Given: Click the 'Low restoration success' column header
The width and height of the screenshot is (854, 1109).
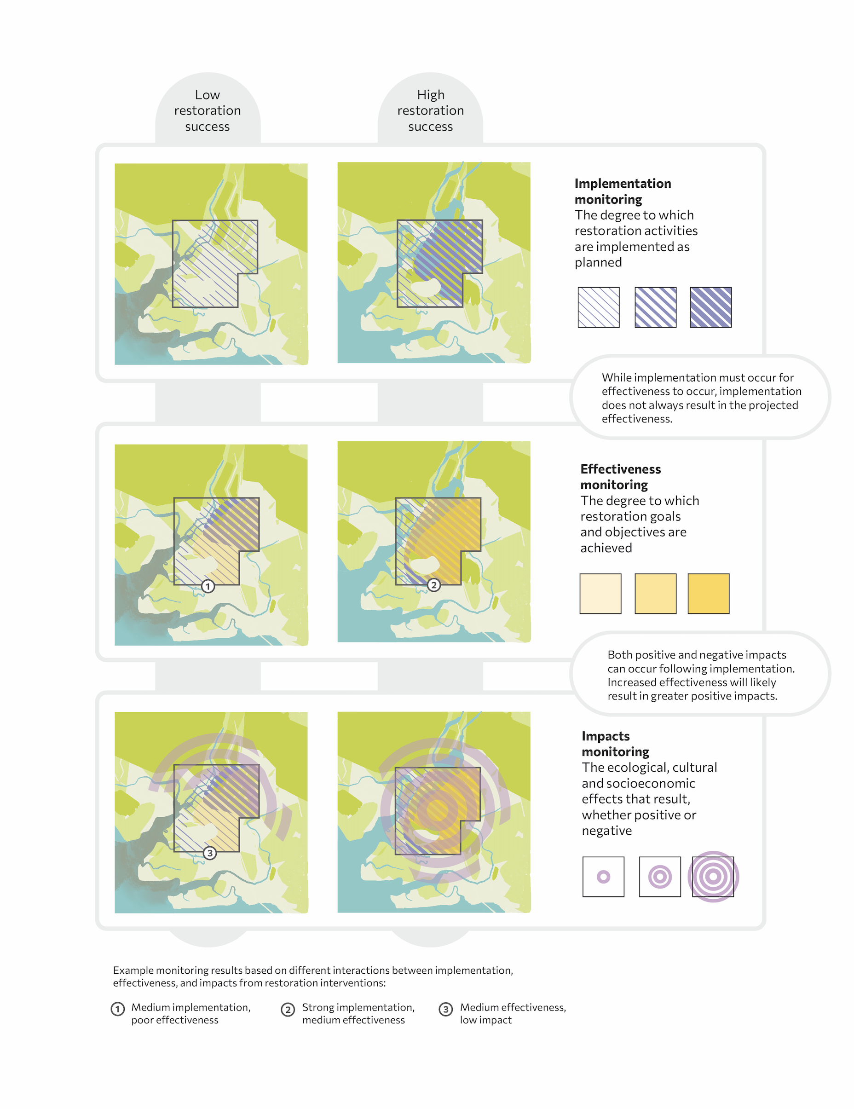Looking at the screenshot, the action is (x=207, y=111).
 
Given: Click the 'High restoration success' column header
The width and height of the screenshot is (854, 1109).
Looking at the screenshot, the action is (x=431, y=111).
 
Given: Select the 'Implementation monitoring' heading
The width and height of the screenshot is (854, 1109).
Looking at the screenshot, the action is (x=623, y=191).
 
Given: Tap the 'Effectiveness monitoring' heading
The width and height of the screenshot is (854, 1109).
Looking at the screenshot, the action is (x=620, y=477).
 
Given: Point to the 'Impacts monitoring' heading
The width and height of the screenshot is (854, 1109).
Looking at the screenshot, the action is (x=615, y=744).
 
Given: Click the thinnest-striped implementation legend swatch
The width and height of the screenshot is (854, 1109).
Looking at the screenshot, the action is (x=599, y=307).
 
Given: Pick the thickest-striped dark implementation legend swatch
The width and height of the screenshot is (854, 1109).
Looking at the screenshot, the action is (x=710, y=307).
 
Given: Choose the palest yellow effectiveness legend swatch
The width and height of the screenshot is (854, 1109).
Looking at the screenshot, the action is (x=600, y=594).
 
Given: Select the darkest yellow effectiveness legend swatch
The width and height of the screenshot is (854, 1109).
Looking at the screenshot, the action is (x=708, y=594).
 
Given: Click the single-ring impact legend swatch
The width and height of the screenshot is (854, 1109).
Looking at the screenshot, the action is (x=603, y=877).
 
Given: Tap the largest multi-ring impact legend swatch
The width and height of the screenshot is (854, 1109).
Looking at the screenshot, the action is (x=713, y=877).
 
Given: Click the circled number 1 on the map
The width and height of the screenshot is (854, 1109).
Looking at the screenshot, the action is (x=208, y=587).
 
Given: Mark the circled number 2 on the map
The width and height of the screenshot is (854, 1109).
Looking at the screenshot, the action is (x=433, y=585).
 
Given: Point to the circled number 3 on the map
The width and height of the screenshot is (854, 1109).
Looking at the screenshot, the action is (x=210, y=853).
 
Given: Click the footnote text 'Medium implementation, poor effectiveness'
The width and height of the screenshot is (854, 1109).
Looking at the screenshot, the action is (x=191, y=1014).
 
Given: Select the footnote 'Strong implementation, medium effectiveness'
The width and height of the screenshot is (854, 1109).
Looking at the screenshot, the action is (x=358, y=1014).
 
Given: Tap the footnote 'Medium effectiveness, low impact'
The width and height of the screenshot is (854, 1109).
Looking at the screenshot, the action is (x=513, y=1014).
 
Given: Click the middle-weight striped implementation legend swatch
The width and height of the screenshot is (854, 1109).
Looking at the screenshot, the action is (x=656, y=307).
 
